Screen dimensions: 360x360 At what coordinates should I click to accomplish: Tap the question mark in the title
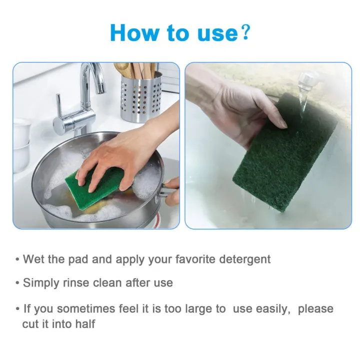coord(244,32)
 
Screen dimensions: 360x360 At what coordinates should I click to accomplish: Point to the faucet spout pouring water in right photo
coord(307,80)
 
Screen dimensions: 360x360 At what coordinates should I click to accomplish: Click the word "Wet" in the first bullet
coord(34,259)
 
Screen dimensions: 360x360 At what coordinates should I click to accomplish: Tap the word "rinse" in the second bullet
coord(77,283)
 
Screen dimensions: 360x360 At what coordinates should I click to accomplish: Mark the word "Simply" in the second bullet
coord(41,283)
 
